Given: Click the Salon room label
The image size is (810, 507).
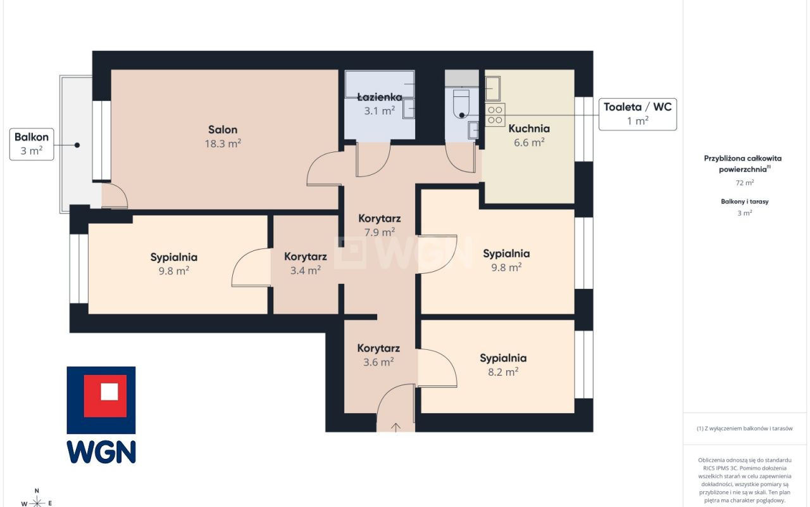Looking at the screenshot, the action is (223, 130).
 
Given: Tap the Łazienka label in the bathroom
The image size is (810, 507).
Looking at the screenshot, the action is (380, 97).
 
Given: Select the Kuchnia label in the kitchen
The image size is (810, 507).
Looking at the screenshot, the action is (529, 129).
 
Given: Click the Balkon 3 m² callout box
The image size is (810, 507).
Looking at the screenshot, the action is (32, 144).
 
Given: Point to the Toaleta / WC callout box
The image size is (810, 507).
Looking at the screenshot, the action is (637, 114).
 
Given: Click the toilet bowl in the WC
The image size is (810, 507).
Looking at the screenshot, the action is (461, 104).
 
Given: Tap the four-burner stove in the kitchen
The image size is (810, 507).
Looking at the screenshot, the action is (495, 115).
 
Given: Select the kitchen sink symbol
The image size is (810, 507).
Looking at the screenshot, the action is (492, 88).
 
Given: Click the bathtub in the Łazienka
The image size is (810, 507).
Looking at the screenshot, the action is (380, 84).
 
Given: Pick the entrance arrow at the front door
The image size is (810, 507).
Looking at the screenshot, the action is (396, 427).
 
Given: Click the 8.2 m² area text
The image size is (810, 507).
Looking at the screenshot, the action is (503, 372).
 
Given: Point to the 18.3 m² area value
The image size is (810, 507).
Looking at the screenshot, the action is (223, 144).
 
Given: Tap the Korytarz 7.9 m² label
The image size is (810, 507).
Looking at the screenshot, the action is (379, 225).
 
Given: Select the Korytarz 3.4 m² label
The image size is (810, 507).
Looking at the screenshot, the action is (306, 263).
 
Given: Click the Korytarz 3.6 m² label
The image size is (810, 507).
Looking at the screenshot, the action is (378, 355).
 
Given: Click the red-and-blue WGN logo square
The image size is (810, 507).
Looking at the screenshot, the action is (101, 400).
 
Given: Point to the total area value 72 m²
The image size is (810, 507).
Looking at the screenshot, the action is (745, 183).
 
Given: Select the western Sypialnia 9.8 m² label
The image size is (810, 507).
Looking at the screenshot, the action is (174, 264).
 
